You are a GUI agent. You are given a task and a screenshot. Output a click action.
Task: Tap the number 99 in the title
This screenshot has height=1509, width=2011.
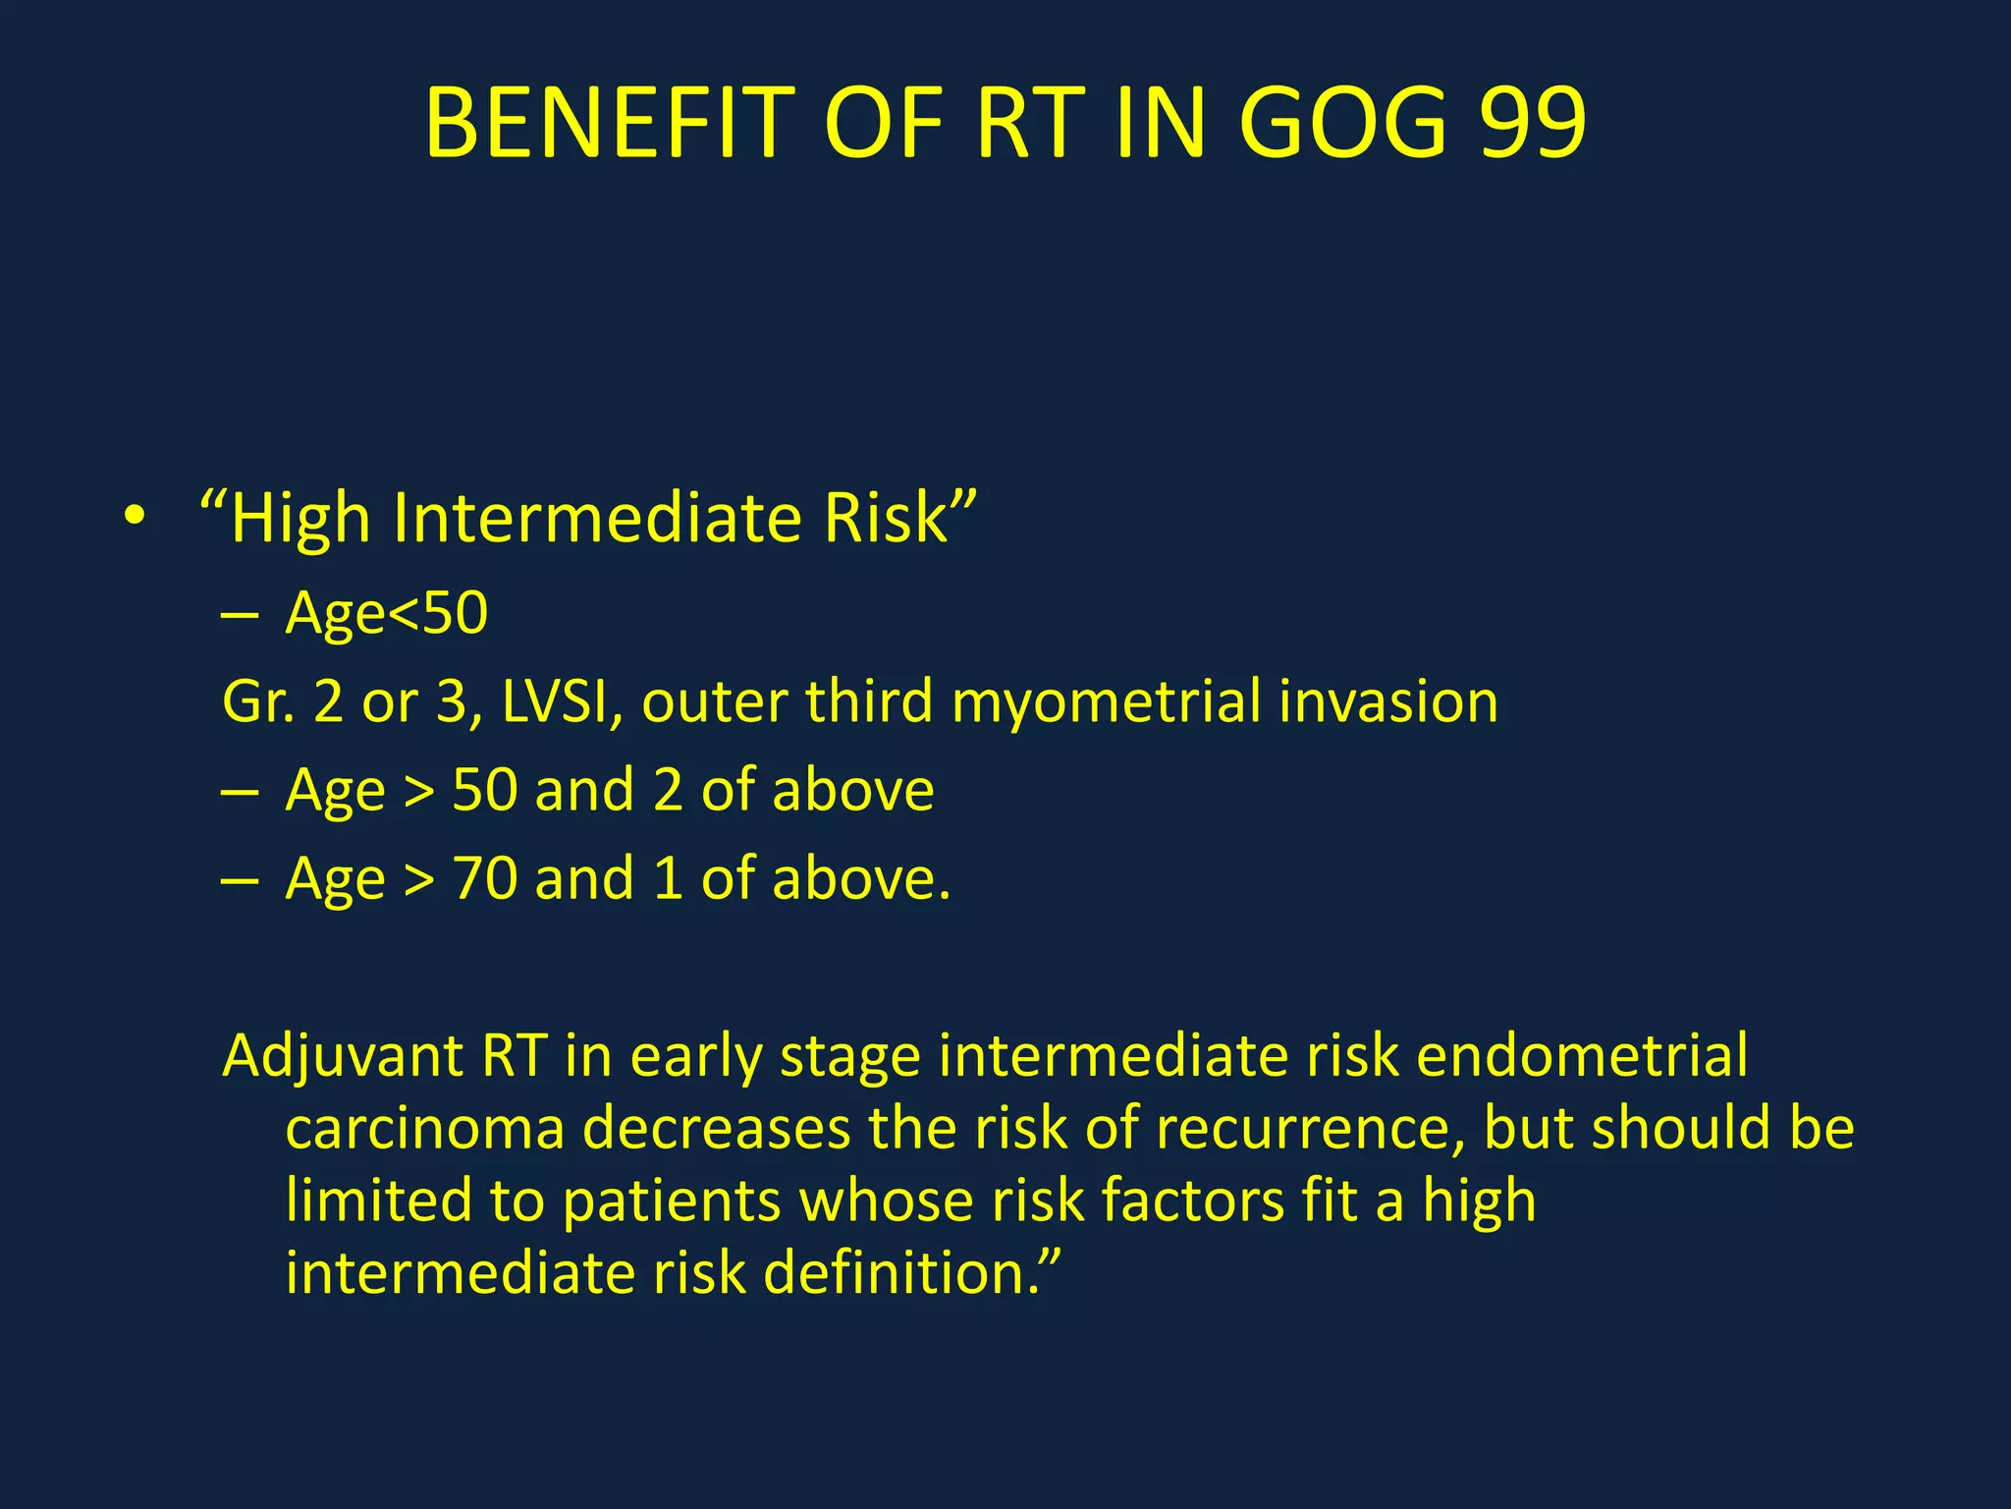point(1532,123)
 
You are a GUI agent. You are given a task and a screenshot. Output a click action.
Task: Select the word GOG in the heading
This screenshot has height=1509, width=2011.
point(1342,123)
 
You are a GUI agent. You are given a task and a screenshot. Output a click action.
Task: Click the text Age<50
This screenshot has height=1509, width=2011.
point(386,613)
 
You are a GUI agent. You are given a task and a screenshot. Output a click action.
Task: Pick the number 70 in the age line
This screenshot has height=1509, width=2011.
point(484,878)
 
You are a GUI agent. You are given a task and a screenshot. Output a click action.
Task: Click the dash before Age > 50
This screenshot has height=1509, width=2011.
point(240,791)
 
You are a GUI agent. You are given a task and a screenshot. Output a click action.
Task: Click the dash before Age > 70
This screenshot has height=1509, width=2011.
point(240,879)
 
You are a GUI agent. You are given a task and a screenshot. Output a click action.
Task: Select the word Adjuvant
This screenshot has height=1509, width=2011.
point(343,1058)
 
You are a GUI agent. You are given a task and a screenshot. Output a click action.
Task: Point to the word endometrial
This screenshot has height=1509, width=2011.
point(1582,1056)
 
